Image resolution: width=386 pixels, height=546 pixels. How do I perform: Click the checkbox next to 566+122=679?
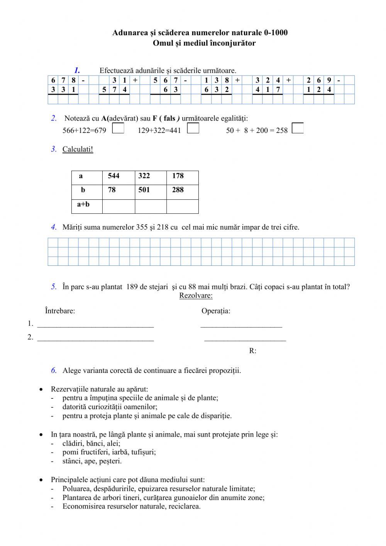point(118,128)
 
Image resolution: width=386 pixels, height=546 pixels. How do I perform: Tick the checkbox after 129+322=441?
point(193,128)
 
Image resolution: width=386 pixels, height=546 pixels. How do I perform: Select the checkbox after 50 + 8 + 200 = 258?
point(298,128)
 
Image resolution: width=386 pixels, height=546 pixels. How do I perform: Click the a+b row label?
point(83,204)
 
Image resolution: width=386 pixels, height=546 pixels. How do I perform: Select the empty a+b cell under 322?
point(151,206)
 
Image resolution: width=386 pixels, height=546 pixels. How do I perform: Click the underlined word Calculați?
point(78,149)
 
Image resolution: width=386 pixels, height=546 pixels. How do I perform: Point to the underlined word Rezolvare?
point(196,296)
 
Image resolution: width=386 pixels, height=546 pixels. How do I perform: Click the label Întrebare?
point(60,311)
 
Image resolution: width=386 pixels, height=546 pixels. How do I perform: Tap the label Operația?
point(216,311)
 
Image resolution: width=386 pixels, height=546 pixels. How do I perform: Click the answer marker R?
point(253,351)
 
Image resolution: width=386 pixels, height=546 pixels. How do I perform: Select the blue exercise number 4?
point(54,227)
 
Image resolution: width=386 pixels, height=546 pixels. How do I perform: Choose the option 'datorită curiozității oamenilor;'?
point(110,407)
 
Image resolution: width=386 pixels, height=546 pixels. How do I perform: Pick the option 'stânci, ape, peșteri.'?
point(92,461)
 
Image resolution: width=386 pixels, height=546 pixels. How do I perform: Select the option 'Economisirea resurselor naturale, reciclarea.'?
point(131,507)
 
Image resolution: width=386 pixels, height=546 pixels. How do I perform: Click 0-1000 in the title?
point(274,33)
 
